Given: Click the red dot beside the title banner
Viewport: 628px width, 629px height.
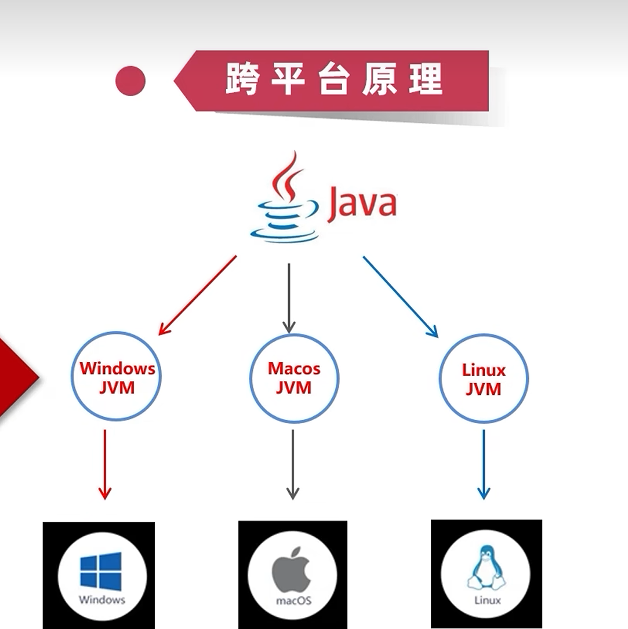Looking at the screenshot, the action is click(x=130, y=81).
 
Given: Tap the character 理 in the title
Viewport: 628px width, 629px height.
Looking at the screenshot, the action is click(x=426, y=79).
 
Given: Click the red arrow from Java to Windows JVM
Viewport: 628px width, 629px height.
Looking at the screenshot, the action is click(x=197, y=295).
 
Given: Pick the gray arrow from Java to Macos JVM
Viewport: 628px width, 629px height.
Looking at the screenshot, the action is click(x=289, y=298).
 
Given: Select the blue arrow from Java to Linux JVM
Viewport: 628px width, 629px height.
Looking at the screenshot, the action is click(x=401, y=297).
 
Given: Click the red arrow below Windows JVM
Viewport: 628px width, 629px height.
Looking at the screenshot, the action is click(x=105, y=464).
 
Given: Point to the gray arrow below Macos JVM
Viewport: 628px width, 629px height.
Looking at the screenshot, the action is click(x=293, y=464).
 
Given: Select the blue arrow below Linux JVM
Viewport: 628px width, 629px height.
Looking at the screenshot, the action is click(x=484, y=464).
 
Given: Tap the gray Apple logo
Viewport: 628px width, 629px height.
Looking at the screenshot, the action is click(x=292, y=569).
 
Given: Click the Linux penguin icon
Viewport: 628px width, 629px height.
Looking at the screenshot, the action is click(x=487, y=568).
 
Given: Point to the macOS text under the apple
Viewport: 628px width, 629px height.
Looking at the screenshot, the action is click(x=294, y=601).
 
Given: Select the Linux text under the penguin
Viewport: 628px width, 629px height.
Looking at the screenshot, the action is click(x=488, y=600).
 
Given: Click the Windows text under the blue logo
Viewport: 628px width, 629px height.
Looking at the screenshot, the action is click(x=102, y=599).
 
